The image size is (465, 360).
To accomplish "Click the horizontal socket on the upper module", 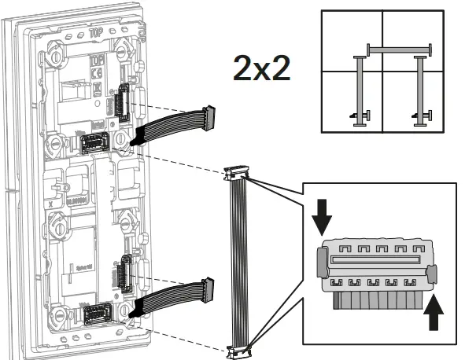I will [96, 141].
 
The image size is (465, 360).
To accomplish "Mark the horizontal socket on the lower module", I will [96, 314].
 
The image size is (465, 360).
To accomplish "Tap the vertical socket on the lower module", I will [124, 273].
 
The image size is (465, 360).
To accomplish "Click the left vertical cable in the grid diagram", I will [360, 88].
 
